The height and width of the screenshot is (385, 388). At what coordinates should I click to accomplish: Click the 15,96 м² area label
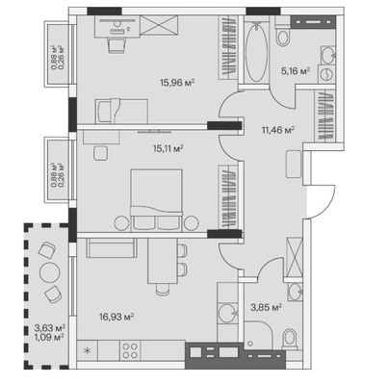click(177, 83)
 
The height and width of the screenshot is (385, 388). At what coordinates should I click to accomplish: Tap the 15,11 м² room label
click(168, 148)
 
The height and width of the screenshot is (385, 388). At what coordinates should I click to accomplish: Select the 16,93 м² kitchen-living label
click(116, 317)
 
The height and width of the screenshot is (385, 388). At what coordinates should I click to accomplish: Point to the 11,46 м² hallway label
click(278, 130)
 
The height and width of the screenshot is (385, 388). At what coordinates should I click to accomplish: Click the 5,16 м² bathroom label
click(296, 70)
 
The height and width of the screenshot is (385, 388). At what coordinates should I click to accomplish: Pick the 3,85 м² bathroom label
click(266, 307)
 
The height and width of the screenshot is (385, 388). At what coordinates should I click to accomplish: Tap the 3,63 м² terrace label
click(50, 328)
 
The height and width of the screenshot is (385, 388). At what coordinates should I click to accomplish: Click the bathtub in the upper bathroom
click(256, 51)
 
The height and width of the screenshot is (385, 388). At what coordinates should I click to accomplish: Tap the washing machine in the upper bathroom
click(326, 74)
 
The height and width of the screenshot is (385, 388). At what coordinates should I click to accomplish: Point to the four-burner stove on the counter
click(130, 350)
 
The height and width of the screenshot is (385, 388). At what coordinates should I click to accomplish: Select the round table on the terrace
click(50, 272)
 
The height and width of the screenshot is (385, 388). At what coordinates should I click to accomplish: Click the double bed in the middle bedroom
click(156, 199)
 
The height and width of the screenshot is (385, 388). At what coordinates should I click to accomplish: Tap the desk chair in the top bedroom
click(116, 45)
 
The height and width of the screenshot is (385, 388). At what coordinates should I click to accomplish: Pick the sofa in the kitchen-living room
click(112, 248)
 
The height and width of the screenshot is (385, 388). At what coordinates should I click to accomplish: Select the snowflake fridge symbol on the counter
click(87, 350)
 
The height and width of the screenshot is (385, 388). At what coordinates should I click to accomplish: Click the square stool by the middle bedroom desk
click(100, 153)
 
